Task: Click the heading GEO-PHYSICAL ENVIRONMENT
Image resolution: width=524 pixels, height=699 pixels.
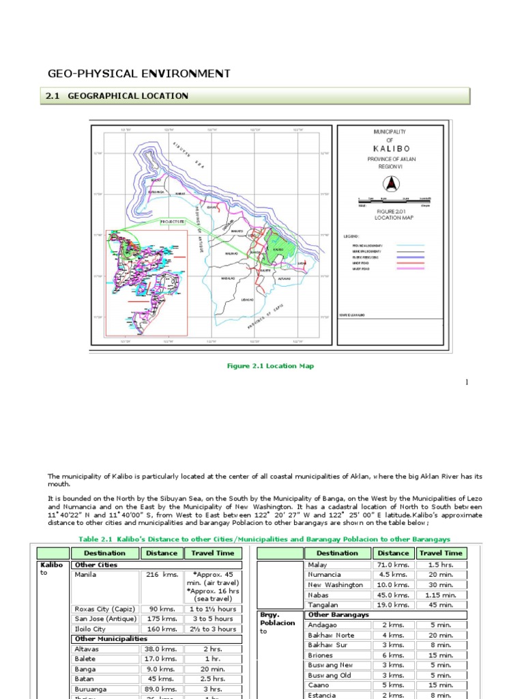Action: point(139,74)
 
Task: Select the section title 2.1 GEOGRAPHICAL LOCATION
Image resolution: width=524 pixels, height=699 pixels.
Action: point(117,96)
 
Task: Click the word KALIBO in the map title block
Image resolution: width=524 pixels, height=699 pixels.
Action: point(391,148)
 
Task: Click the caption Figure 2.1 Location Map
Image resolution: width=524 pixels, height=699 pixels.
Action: point(270,366)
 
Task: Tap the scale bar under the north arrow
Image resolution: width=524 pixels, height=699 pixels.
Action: point(390,201)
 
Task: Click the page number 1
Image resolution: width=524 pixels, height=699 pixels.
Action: point(467,382)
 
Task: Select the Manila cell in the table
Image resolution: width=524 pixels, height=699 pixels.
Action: point(86,575)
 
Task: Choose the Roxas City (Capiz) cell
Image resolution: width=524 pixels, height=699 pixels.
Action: point(105,609)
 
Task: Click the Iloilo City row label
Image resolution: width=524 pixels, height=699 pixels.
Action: point(90,629)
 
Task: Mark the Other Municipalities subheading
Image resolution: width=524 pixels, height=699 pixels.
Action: point(111,638)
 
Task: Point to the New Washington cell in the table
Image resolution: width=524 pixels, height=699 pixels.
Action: point(336,584)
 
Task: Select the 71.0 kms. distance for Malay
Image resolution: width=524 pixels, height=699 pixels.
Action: point(393,565)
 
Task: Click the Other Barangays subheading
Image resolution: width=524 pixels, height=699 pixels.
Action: point(338,614)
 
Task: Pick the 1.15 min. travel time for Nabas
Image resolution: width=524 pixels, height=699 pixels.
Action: point(441,595)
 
